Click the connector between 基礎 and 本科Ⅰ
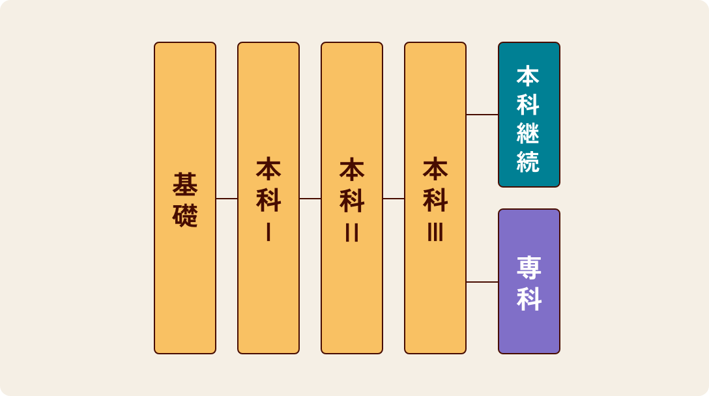pos(227,199)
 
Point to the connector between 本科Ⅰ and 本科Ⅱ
pos(310,199)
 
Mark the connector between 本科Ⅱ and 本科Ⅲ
pos(394,199)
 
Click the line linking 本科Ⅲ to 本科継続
pos(482,115)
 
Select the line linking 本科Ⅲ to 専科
pos(482,282)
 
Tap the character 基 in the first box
pos(185,184)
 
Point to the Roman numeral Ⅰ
pos(268,232)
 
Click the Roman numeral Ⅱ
pos(352,232)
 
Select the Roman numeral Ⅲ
pos(435,232)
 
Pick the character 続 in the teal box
pos(528,160)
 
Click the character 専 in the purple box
pos(529,267)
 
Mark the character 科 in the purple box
pos(529,298)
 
